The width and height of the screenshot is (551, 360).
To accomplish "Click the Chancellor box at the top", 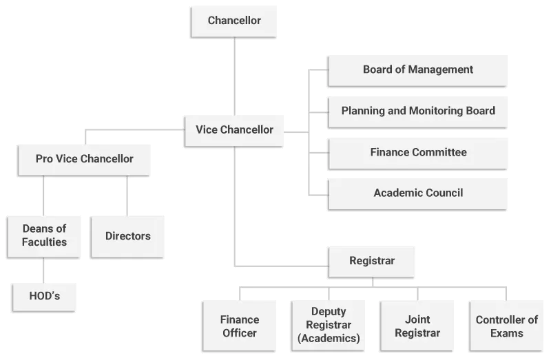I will (234, 21).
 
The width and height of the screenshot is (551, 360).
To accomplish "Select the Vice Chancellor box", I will (234, 129).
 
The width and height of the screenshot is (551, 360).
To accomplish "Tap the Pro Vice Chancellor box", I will (84, 159).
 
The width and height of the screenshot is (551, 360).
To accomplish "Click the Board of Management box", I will (417, 70).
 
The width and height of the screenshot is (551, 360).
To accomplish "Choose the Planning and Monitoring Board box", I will (417, 110).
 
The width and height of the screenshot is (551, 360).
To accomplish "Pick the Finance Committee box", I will (417, 152).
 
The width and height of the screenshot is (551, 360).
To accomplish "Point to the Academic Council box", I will (417, 193).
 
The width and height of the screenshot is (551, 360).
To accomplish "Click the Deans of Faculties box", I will (44, 235).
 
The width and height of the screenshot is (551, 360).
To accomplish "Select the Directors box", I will (127, 236).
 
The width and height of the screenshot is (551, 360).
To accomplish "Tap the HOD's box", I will (44, 297).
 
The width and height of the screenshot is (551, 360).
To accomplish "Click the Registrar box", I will (372, 262).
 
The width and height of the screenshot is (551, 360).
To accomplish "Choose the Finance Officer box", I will (239, 326).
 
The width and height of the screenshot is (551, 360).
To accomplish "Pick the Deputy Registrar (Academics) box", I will (328, 326).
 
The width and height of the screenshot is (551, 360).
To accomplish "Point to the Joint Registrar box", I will (417, 326).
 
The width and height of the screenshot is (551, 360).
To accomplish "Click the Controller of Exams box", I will (506, 326).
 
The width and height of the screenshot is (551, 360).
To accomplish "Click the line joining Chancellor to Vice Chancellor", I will (234, 76).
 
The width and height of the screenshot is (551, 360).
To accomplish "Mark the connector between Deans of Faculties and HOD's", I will (44, 269).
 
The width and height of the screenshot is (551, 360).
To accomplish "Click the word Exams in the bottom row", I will (506, 333).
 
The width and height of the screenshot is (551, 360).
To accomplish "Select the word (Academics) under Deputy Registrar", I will (328, 338).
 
